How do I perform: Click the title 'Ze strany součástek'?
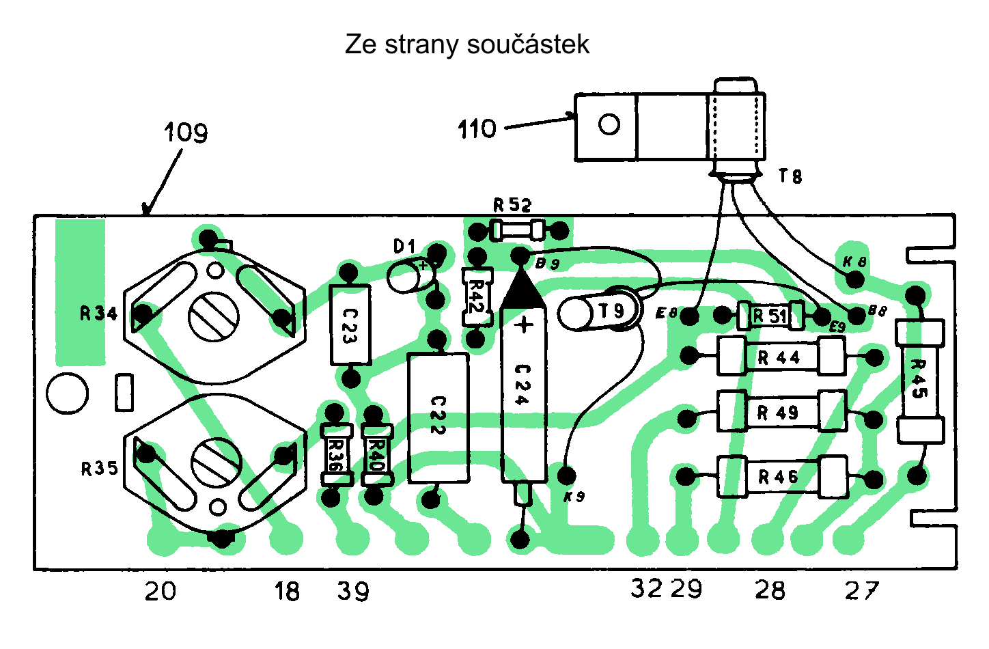tap(466, 44)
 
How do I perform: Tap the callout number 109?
tap(186, 132)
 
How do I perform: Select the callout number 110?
tap(477, 128)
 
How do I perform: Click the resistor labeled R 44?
tap(781, 357)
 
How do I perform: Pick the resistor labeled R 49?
tap(781, 412)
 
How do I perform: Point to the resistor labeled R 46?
tap(781, 476)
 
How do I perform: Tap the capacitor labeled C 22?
tap(438, 417)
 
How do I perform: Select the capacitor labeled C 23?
tap(350, 325)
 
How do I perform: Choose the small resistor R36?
tap(336, 454)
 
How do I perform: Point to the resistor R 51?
tap(770, 316)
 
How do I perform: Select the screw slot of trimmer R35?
tap(216, 462)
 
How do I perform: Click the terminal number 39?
tap(353, 591)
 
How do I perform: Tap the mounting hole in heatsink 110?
tap(609, 124)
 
